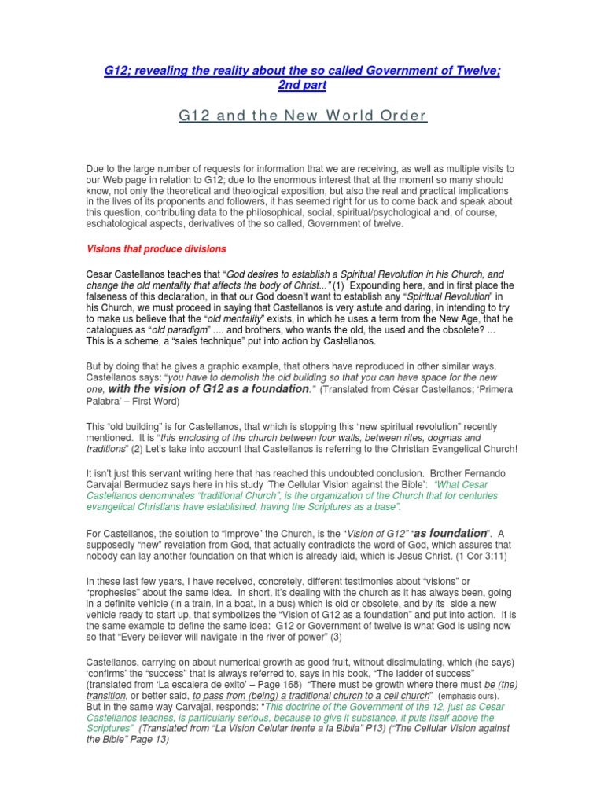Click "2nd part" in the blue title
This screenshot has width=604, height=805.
302,85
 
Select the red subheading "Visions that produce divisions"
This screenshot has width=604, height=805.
156,249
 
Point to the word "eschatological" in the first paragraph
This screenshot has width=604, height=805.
123,224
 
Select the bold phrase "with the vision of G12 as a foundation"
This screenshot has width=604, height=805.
208,388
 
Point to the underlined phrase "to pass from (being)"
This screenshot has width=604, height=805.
238,696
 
